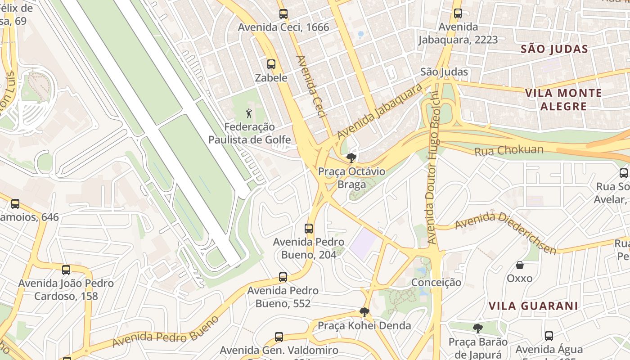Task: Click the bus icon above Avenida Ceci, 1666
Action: pyautogui.click(x=283, y=14)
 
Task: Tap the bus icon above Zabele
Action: pyautogui.click(x=271, y=64)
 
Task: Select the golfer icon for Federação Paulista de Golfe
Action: pyautogui.click(x=249, y=114)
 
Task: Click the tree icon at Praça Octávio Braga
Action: pyautogui.click(x=351, y=158)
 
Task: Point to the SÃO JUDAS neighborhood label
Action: pyautogui.click(x=554, y=49)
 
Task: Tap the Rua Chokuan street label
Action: pyautogui.click(x=509, y=150)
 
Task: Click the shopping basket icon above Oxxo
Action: pyautogui.click(x=519, y=265)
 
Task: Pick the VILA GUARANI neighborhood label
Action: pyautogui.click(x=533, y=306)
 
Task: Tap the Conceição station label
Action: pyautogui.click(x=436, y=282)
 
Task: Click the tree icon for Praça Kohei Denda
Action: pyautogui.click(x=364, y=312)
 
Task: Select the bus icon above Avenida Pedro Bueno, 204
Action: pyautogui.click(x=309, y=229)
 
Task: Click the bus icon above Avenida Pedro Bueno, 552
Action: pyautogui.click(x=283, y=277)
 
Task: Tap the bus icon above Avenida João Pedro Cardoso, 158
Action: pyautogui.click(x=66, y=270)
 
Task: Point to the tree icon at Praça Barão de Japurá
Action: pyautogui.click(x=477, y=328)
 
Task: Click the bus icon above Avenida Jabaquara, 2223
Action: pyautogui.click(x=458, y=14)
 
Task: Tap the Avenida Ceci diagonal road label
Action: pyautogui.click(x=311, y=87)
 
